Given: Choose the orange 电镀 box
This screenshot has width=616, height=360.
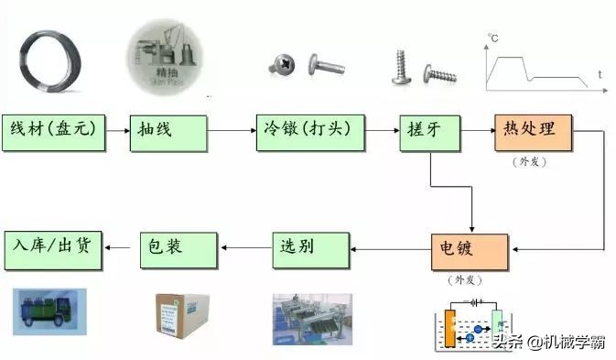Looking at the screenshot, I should (469, 250).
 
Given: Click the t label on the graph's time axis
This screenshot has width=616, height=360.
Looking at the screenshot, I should (600, 73).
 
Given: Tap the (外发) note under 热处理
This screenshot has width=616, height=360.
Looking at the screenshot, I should (532, 161).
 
